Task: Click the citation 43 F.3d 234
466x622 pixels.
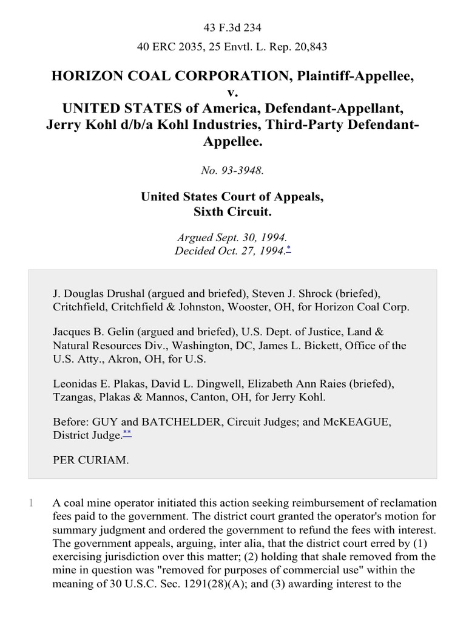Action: (232, 27)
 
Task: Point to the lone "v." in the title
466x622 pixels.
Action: (232, 92)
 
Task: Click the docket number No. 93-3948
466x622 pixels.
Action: (232, 171)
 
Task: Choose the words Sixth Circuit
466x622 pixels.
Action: (232, 212)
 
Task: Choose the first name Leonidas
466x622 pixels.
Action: (77, 384)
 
